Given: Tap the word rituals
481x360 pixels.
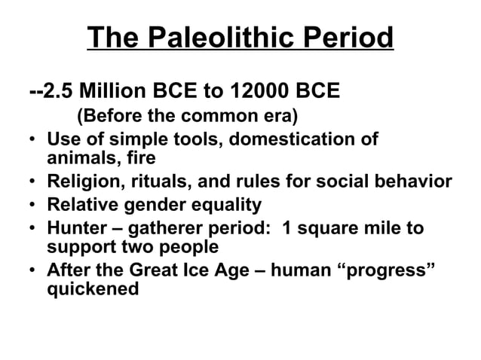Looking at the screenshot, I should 161,182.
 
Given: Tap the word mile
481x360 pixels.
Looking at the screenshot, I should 378,228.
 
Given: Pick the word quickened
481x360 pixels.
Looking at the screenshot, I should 92,288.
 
